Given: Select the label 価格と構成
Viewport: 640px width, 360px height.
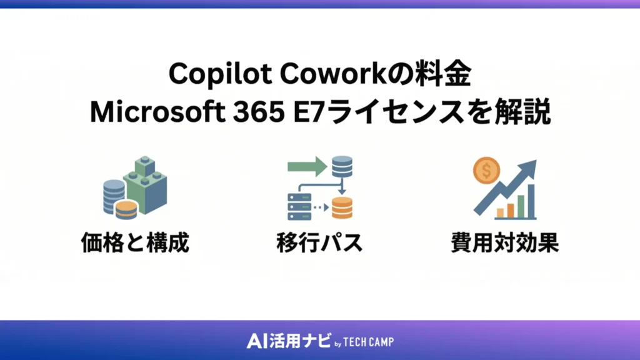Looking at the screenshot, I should pyautogui.click(x=134, y=243).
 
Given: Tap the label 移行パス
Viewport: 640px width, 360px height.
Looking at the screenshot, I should pyautogui.click(x=319, y=243).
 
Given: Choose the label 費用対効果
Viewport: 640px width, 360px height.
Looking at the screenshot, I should pyautogui.click(x=504, y=243).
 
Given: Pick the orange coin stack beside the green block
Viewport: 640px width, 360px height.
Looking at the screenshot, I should pyautogui.click(x=126, y=209).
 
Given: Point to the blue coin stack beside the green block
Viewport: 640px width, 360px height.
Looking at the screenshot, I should pyautogui.click(x=113, y=194).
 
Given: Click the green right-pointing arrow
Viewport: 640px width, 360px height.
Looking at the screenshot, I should pyautogui.click(x=307, y=166).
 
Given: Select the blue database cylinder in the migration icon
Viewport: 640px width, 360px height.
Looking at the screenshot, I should pyautogui.click(x=342, y=167).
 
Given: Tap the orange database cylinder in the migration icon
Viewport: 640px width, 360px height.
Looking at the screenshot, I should pyautogui.click(x=342, y=207).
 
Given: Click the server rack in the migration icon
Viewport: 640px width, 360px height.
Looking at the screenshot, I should pyautogui.click(x=299, y=206).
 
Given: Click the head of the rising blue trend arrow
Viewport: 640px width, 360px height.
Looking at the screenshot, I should pyautogui.click(x=529, y=167).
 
